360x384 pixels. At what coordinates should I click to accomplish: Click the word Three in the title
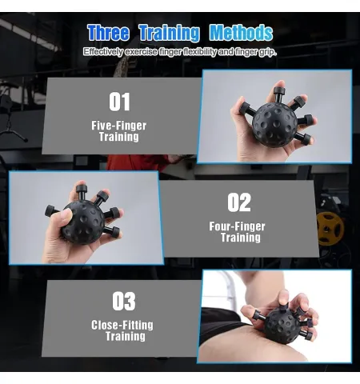(x=108, y=33)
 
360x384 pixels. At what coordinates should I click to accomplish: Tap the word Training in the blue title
(x=170, y=34)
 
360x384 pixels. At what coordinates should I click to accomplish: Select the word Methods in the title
(x=241, y=33)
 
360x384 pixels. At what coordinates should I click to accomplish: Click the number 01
(x=120, y=102)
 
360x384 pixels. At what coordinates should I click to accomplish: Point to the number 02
(x=239, y=202)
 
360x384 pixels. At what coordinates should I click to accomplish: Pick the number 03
(x=124, y=301)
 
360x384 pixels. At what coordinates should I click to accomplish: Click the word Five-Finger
(x=119, y=126)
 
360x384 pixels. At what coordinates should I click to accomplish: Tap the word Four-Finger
(x=237, y=226)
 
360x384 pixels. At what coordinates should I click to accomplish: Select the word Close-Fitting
(x=122, y=325)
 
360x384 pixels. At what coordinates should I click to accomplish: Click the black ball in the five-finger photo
(x=274, y=125)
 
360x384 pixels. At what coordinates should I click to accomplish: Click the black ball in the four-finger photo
(x=83, y=222)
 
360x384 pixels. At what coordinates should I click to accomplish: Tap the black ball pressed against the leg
(x=282, y=326)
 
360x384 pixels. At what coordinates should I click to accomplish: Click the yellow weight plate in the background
(x=330, y=228)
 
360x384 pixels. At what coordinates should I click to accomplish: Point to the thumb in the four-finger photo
(x=62, y=219)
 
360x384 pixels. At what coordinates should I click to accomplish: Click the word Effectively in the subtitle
(x=103, y=51)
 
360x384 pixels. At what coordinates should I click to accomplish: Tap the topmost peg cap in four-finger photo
(x=82, y=189)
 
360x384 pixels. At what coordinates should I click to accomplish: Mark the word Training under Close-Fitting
(x=126, y=336)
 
